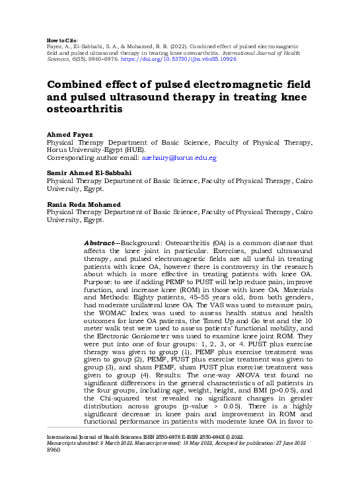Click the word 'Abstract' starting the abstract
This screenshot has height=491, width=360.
100,243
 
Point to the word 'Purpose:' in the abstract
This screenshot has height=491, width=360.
99,283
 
